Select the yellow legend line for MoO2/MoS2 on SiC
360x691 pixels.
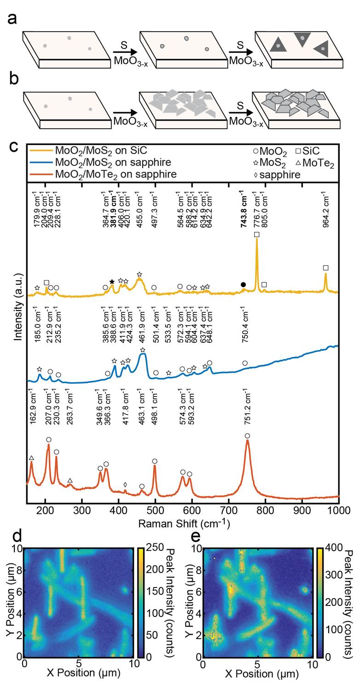coord(41,150)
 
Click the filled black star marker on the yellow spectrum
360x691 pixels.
coord(112,282)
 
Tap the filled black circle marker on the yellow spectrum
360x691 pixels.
coord(243,285)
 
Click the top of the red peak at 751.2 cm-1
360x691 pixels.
coord(248,441)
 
